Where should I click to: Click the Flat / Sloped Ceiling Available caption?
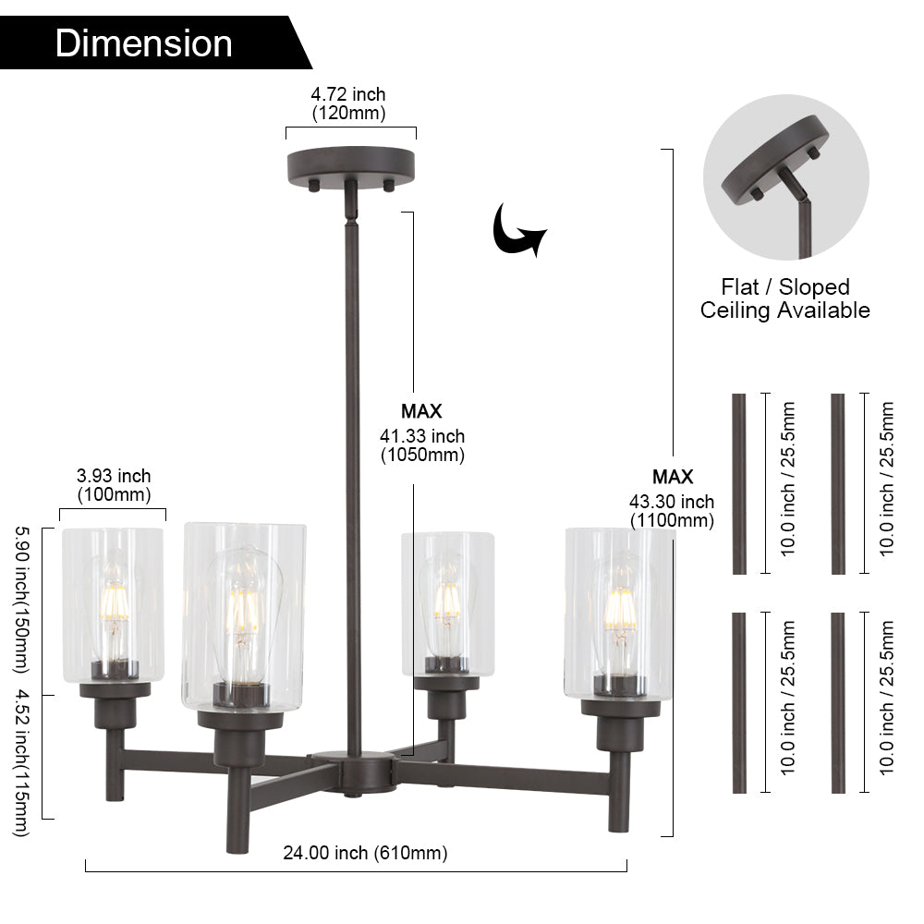[x=784, y=298]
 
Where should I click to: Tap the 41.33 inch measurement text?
[x=422, y=444]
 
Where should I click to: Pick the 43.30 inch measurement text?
[x=672, y=510]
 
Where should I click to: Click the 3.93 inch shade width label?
[x=113, y=484]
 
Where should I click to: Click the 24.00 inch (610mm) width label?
[x=365, y=853]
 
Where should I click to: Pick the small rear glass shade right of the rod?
[x=447, y=601]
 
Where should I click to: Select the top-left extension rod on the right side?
[x=739, y=483]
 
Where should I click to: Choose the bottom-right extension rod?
[x=838, y=702]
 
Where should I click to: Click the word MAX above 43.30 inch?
[x=672, y=477]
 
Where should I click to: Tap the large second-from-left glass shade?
[x=243, y=614]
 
